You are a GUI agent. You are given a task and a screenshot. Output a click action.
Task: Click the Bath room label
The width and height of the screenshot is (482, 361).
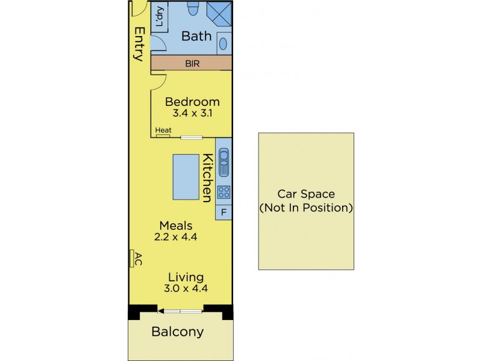pyautogui.click(x=196, y=36)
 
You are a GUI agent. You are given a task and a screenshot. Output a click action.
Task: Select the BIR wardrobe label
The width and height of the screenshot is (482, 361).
pyautogui.click(x=192, y=64)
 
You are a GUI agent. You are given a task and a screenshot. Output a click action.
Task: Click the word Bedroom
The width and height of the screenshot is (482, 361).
pyautogui.click(x=192, y=102)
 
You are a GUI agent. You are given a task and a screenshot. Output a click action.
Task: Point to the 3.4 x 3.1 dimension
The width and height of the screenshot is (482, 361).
pyautogui.click(x=192, y=113)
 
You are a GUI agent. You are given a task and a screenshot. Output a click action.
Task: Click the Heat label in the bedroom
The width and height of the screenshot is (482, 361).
pyautogui.click(x=163, y=130)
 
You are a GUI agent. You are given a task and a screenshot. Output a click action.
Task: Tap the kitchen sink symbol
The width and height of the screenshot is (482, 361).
pyautogui.click(x=224, y=162)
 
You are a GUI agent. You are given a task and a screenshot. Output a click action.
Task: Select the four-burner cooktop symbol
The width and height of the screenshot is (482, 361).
pyautogui.click(x=224, y=193)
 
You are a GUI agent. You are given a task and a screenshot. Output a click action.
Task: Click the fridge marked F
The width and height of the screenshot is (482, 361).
pyautogui.click(x=224, y=212)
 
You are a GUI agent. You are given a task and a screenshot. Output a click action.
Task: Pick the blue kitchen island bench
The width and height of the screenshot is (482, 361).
pyautogui.click(x=186, y=177)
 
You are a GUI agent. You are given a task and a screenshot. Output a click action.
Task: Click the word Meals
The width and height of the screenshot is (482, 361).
pyautogui.click(x=176, y=226)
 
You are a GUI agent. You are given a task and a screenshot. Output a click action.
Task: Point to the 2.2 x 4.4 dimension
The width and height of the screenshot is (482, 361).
pyautogui.click(x=176, y=237)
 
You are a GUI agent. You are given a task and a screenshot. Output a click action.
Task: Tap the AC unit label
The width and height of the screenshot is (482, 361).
pyautogui.click(x=139, y=259)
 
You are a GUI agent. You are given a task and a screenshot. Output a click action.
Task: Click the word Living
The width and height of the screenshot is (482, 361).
pyautogui.click(x=186, y=277)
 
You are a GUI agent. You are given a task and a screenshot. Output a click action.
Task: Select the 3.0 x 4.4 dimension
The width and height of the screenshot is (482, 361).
pyautogui.click(x=186, y=289)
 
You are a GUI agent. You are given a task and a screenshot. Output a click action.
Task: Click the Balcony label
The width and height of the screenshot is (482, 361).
pyautogui.click(x=178, y=332)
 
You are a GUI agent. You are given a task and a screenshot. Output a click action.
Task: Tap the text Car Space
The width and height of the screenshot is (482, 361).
pyautogui.click(x=306, y=194)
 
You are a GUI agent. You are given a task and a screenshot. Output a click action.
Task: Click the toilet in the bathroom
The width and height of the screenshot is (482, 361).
pyautogui.click(x=193, y=8)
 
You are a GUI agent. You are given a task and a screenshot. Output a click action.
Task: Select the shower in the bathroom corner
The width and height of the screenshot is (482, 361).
pyautogui.click(x=219, y=14)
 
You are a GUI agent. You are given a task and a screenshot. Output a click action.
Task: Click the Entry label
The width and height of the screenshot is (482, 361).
pyautogui.click(x=140, y=44)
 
